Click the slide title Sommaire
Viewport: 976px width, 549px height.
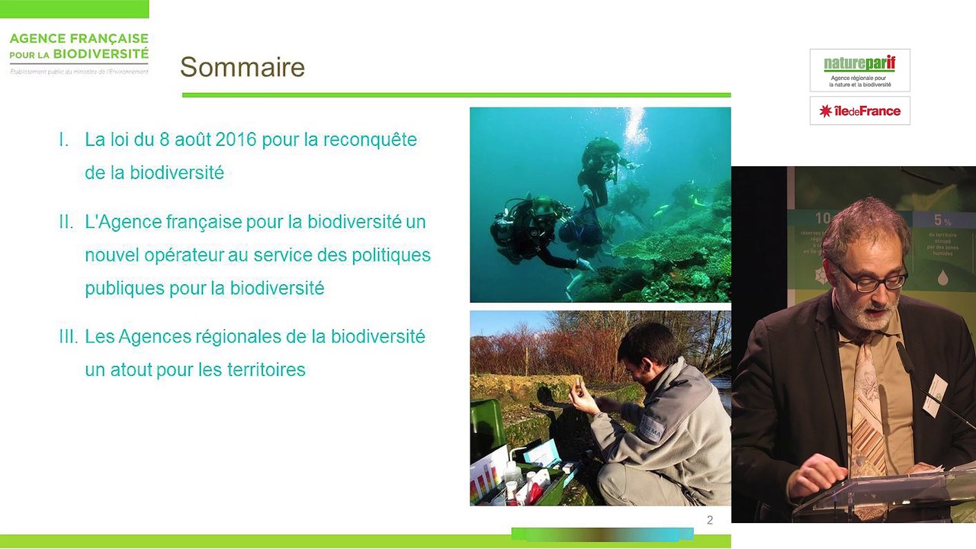[242, 67]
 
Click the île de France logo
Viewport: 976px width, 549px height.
[859, 111]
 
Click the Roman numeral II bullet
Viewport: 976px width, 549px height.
[66, 222]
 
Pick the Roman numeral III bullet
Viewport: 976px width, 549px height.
[68, 336]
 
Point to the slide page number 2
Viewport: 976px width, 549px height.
[710, 520]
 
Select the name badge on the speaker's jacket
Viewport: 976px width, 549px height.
[934, 395]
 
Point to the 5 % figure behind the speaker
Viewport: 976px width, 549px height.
[942, 220]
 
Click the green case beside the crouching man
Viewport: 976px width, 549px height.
[486, 427]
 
